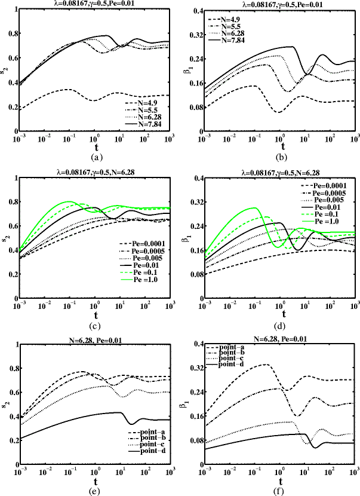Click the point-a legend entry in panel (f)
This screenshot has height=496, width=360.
pos(230,348)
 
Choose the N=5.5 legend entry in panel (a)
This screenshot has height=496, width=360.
pos(144,109)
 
